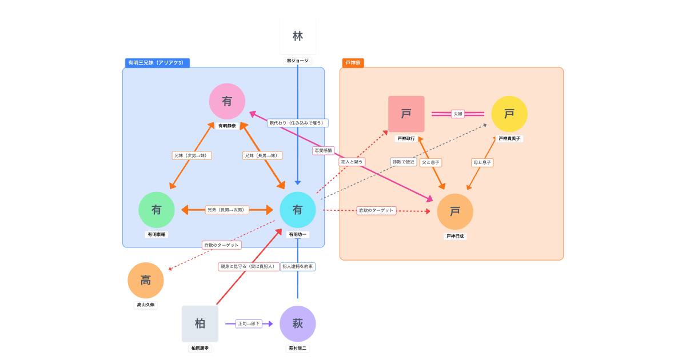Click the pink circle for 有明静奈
click(x=227, y=101)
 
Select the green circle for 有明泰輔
click(x=156, y=210)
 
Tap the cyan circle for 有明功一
click(x=297, y=210)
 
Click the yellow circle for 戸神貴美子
click(x=509, y=114)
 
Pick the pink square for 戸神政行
click(x=406, y=114)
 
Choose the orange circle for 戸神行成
click(x=455, y=211)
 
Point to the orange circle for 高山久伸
click(x=146, y=280)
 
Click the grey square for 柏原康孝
click(x=200, y=323)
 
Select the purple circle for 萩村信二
click(x=297, y=323)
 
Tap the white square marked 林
click(x=297, y=36)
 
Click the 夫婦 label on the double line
click(x=458, y=114)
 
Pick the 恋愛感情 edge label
click(x=323, y=150)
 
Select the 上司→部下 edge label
click(x=249, y=323)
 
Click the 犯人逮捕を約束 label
click(x=298, y=266)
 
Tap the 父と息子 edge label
click(x=430, y=162)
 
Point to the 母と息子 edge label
click(x=482, y=162)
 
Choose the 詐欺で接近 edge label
click(x=403, y=162)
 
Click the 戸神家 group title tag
click(x=353, y=63)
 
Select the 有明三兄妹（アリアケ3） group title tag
click(x=157, y=63)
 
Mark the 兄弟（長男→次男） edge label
click(x=228, y=210)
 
